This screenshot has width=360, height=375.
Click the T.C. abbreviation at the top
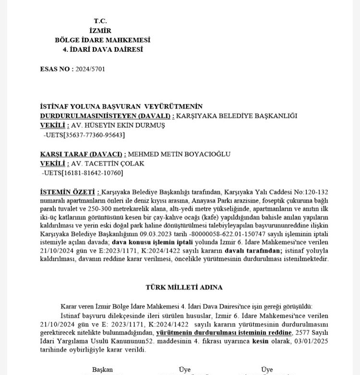click(100, 21)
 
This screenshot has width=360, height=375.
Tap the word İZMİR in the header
click(100, 30)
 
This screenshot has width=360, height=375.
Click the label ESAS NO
click(56, 69)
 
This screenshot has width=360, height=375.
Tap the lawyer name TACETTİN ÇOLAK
click(103, 163)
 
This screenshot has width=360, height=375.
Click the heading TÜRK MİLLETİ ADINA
click(184, 287)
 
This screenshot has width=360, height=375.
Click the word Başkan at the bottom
click(102, 369)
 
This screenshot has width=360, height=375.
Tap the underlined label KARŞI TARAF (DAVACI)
click(83, 154)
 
